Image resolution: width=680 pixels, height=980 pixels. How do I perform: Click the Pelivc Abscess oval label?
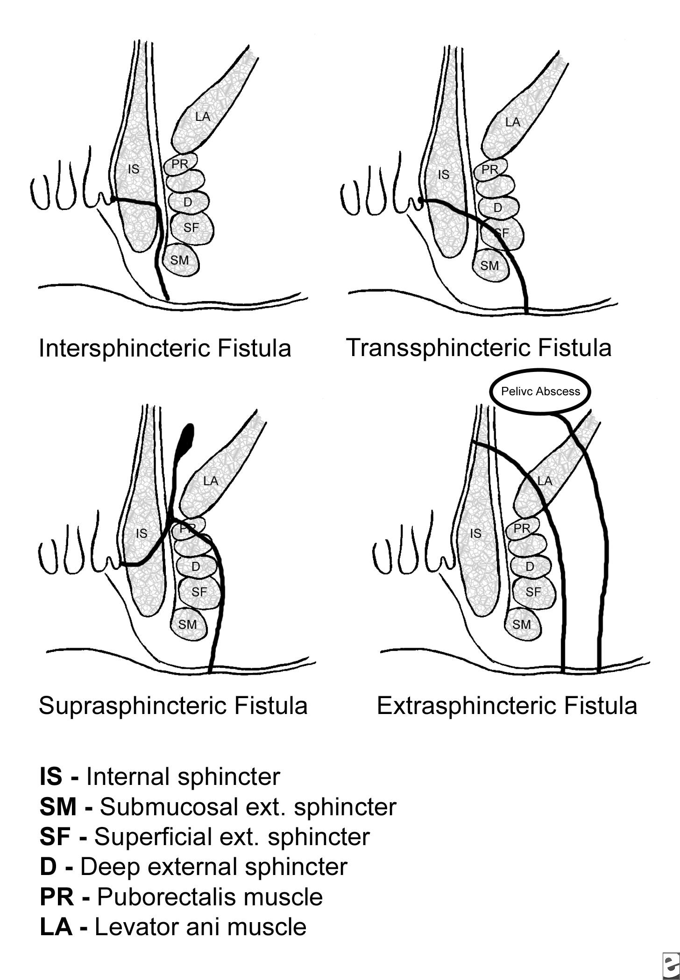click(x=540, y=391)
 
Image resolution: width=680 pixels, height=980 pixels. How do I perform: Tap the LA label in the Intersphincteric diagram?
click(x=203, y=116)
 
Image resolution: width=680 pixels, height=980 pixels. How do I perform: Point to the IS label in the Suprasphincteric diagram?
click(x=142, y=533)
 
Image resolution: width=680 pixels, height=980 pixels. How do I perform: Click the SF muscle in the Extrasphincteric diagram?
click(x=533, y=592)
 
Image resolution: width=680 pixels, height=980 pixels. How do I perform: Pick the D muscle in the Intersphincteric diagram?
click(x=188, y=202)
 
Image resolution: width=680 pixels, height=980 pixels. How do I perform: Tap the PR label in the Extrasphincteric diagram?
click(x=522, y=528)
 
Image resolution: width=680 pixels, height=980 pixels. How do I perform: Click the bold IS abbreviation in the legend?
click(x=51, y=776)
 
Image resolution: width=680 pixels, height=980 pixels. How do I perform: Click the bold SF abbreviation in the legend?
click(x=55, y=836)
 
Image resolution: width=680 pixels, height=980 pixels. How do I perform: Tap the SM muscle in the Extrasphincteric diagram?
click(x=522, y=624)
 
